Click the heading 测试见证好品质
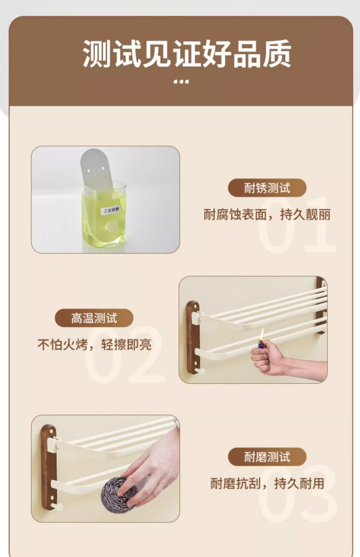click(x=187, y=54)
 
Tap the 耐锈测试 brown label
click(x=267, y=188)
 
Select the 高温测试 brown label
click(x=94, y=318)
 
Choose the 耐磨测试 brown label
click(x=267, y=457)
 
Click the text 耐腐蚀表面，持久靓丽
click(x=267, y=215)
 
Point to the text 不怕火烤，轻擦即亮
click(x=94, y=345)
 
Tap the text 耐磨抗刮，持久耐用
click(x=267, y=484)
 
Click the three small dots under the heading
click(x=181, y=81)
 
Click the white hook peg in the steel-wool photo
click(x=58, y=506)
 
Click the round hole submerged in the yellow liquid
click(x=112, y=225)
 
